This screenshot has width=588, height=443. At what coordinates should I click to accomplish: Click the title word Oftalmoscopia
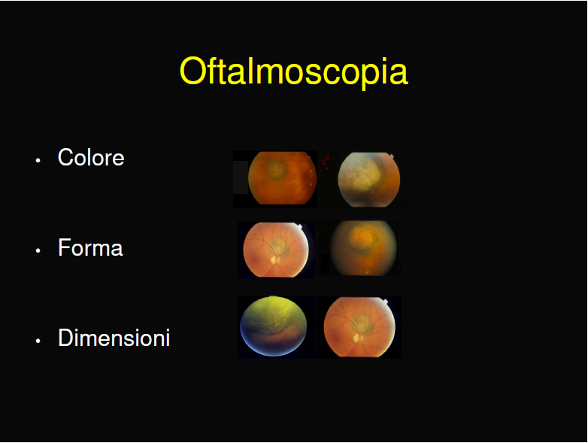(294, 71)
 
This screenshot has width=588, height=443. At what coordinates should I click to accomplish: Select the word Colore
(91, 157)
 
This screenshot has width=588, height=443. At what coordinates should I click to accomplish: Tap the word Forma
(90, 247)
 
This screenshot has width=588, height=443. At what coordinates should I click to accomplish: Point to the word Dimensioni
(114, 338)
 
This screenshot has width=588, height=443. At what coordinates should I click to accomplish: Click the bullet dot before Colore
(38, 160)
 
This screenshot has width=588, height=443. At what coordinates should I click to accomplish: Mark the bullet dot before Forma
(38, 250)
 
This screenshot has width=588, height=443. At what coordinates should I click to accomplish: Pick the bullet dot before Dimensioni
(38, 341)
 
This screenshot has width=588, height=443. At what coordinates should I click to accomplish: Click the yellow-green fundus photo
(274, 326)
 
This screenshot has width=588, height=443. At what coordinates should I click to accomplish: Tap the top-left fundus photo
(283, 178)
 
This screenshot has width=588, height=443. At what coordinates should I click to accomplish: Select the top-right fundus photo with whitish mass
(369, 179)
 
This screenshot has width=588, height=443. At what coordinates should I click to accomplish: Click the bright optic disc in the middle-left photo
(274, 259)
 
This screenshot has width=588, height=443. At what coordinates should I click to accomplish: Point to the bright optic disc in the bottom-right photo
(356, 338)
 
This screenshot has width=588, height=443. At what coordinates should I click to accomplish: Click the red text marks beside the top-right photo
(326, 161)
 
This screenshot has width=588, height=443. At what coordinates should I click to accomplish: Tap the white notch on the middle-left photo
(299, 226)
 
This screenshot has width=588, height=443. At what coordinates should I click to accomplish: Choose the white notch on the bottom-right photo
(384, 302)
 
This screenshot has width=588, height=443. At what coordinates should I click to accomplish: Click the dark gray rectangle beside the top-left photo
(241, 178)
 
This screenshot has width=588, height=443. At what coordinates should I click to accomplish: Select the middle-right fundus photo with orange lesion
(363, 248)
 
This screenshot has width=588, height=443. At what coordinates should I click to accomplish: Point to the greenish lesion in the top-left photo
(276, 168)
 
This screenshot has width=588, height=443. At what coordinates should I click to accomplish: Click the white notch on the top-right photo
(391, 156)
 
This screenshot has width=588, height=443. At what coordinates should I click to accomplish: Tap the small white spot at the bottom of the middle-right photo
(367, 272)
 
